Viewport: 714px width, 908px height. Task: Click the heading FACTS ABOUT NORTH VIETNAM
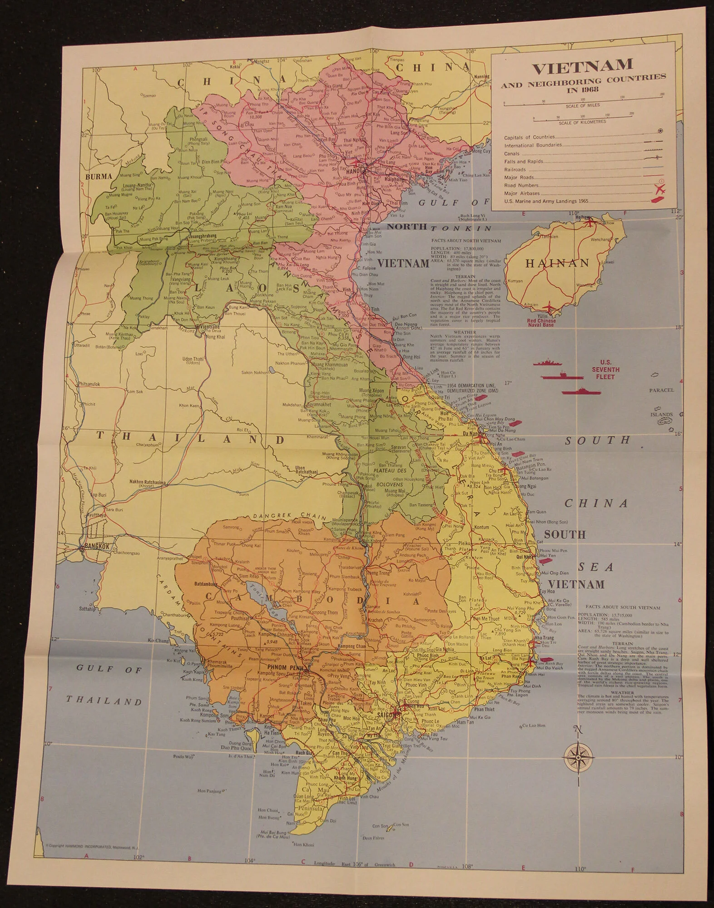[x=465, y=241]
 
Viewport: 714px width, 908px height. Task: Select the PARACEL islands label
[x=661, y=390]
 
